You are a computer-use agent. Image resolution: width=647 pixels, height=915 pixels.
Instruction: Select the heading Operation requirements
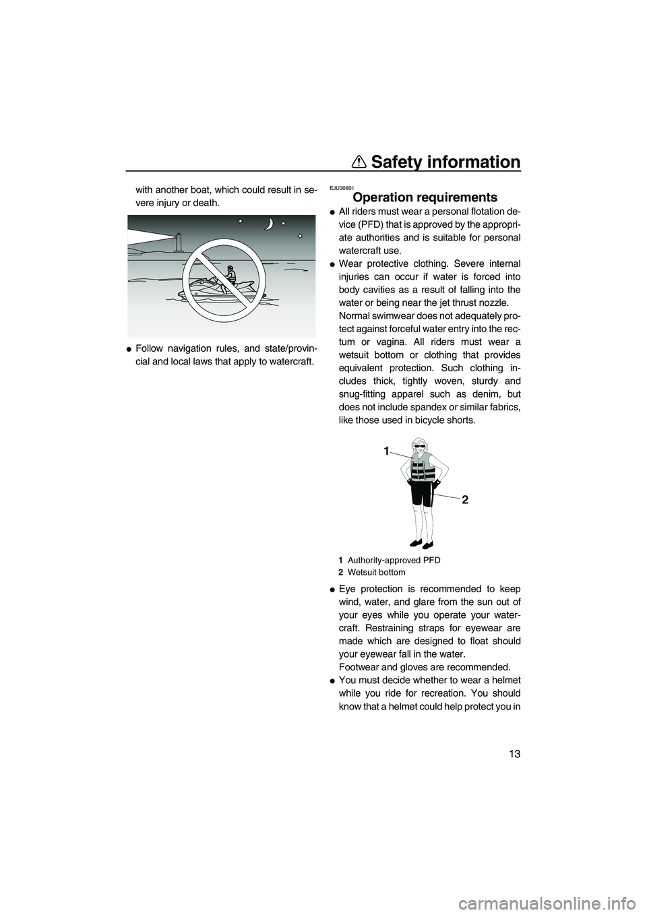click(x=425, y=197)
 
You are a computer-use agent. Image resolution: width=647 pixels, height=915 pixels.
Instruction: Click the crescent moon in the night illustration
click(x=270, y=224)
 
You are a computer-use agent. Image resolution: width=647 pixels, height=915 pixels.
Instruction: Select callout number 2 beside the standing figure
click(x=464, y=499)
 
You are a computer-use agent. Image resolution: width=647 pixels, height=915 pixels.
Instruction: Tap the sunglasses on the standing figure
click(x=420, y=447)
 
